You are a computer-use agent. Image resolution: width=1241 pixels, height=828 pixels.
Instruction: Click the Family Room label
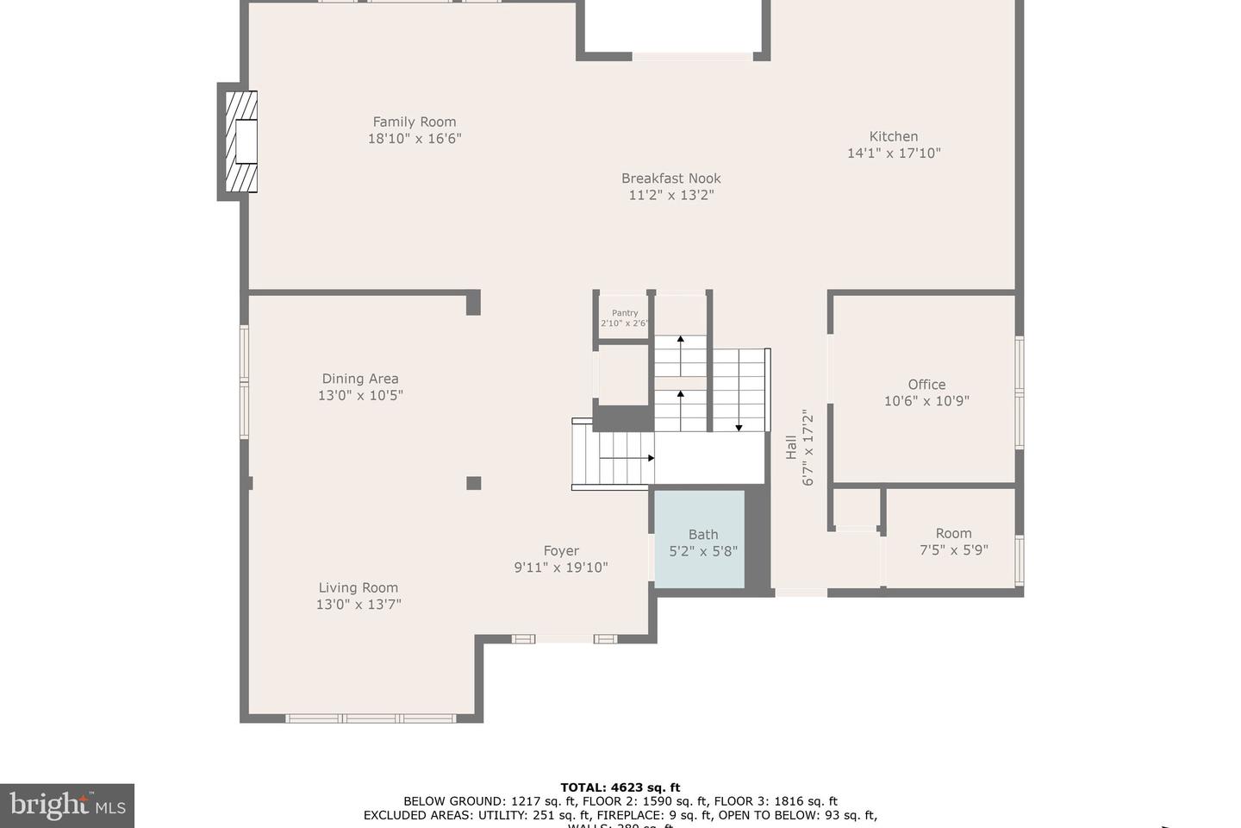pos(415,122)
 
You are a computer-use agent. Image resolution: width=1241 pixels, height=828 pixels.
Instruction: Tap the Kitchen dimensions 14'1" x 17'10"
pos(894,154)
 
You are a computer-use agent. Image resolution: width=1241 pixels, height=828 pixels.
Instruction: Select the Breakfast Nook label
pos(670,179)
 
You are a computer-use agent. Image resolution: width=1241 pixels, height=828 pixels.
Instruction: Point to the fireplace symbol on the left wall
pos(241,141)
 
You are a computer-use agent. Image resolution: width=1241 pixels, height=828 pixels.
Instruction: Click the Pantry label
pos(625,313)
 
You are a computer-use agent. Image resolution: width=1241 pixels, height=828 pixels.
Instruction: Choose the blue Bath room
pos(700,540)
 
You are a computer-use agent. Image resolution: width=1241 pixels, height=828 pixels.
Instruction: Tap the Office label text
pos(926,385)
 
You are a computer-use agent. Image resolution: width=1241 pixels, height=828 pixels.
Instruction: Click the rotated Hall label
pos(791,447)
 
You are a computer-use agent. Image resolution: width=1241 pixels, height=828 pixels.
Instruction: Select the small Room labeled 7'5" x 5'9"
pos(952,541)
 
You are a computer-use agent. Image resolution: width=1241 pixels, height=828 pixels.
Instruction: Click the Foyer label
pos(561,551)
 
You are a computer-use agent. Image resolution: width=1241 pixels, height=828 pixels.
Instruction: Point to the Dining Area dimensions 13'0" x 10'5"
pos(360,396)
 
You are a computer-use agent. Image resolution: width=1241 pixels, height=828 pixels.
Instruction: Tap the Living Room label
pos(358,588)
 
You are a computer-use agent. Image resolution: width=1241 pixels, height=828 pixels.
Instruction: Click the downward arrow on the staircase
pos(739,426)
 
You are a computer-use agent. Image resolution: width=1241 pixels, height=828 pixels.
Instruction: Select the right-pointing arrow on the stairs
pos(650,458)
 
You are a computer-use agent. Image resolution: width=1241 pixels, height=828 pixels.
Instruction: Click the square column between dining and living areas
pos(473,483)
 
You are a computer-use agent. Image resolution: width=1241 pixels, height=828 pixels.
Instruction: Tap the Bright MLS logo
pos(67,806)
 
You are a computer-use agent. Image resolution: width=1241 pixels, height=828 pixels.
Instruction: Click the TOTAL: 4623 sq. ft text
pos(620,787)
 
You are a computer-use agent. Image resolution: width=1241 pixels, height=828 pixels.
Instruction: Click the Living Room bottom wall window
pos(371,718)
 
